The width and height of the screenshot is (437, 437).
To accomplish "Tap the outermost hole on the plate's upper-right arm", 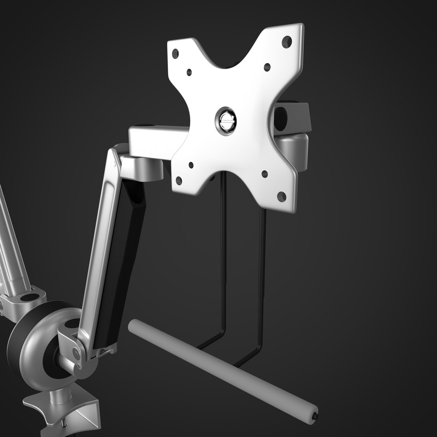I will (x=286, y=40).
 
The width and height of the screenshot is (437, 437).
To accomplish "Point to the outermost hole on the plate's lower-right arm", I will (x=282, y=197).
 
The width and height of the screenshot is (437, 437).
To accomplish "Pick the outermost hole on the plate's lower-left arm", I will (x=178, y=180).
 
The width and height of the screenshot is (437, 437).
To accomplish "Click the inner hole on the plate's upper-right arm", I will (x=267, y=67).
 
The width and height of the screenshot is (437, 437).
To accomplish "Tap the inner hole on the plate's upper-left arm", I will (x=189, y=72).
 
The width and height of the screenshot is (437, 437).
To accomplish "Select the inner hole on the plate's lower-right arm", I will (x=265, y=174).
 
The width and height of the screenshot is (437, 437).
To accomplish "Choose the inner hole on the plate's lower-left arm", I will (x=191, y=165).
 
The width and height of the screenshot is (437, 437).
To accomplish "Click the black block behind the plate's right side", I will (x=291, y=117).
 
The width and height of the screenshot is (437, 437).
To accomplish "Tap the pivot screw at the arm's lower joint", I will (x=75, y=353).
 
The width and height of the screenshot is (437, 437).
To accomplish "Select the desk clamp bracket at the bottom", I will (x=65, y=409).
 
